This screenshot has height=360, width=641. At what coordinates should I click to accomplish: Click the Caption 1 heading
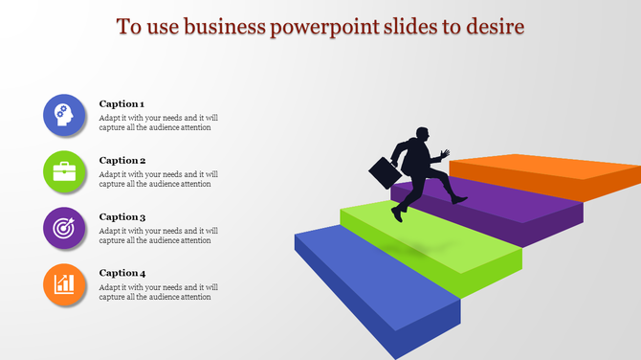[x=122, y=103]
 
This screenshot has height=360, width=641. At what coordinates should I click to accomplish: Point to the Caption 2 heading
[x=122, y=160]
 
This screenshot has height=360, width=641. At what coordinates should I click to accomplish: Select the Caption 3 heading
[x=122, y=217]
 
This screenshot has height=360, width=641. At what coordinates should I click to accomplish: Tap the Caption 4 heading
[x=122, y=273]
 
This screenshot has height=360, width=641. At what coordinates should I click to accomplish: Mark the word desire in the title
[x=495, y=26]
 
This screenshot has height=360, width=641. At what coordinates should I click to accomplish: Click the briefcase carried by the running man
[x=385, y=172]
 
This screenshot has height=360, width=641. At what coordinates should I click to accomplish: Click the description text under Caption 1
[x=158, y=123]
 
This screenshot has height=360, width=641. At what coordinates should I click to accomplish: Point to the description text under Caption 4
[x=158, y=292]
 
